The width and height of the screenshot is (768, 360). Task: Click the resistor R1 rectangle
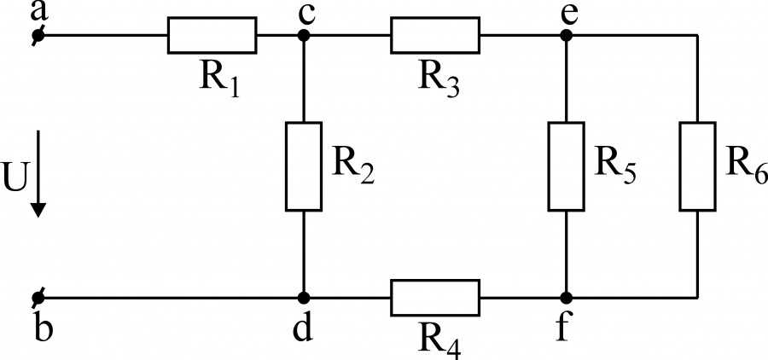[x=212, y=35]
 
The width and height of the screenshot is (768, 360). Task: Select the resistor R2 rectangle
[x=304, y=166]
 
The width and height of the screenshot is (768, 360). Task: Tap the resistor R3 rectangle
[x=435, y=35]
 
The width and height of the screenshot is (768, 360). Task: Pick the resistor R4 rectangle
[x=435, y=298]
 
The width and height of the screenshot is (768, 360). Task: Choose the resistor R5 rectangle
[x=567, y=166]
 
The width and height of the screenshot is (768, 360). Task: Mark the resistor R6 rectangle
[x=697, y=166]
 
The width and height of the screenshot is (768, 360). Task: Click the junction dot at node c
[x=304, y=35]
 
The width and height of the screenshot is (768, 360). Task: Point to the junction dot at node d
[x=304, y=298]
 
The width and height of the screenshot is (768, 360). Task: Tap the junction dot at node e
[x=567, y=35]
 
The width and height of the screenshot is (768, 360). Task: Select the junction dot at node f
[x=567, y=298]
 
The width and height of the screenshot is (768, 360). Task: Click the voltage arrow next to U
[x=38, y=173]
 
